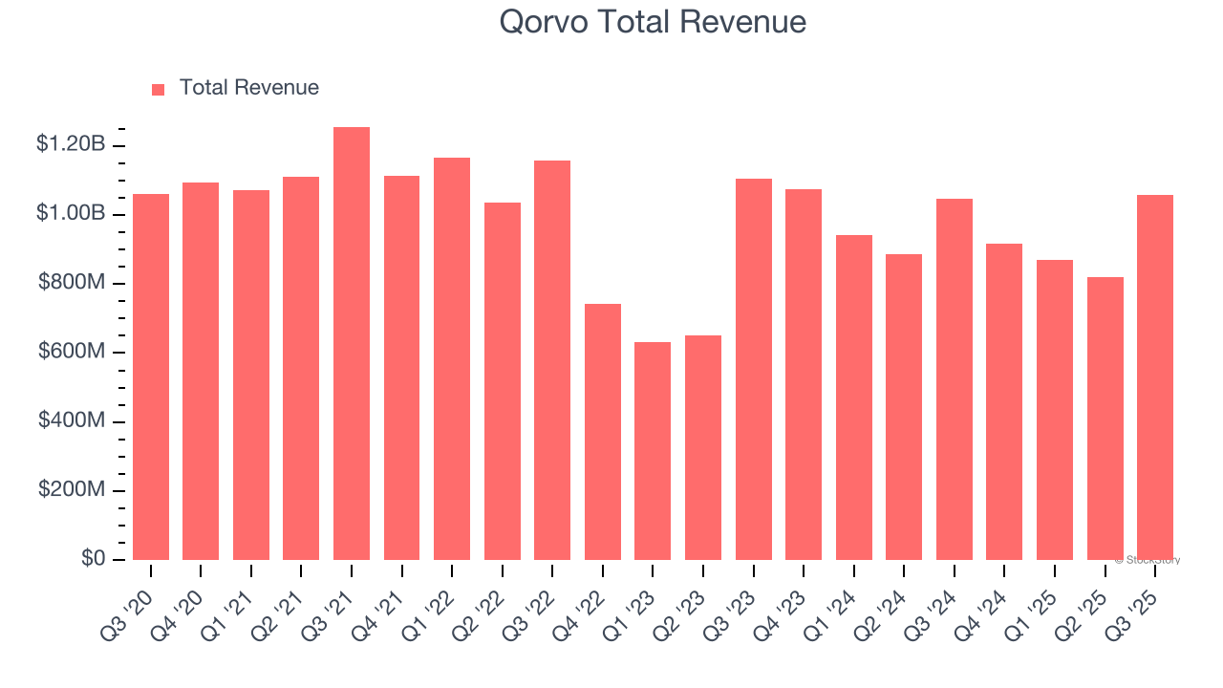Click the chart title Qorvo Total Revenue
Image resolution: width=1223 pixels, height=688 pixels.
(653, 22)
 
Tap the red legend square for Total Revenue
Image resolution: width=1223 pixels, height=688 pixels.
(159, 89)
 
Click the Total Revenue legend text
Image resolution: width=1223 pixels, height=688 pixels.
(248, 88)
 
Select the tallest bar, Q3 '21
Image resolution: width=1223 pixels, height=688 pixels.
(352, 344)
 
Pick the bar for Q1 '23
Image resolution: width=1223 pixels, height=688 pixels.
(653, 451)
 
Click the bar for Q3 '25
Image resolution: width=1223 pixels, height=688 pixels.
(1155, 377)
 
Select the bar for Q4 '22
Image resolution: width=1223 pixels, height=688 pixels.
(603, 432)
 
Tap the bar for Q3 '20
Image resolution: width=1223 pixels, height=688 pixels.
(151, 377)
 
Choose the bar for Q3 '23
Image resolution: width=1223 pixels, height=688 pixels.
(753, 370)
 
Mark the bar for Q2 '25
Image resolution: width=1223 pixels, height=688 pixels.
(1105, 419)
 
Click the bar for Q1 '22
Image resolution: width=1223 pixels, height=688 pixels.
(452, 359)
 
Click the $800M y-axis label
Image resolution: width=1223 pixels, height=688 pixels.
(72, 283)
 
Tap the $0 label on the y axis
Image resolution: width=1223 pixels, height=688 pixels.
(93, 559)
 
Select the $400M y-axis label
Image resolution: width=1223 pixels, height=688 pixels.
(72, 420)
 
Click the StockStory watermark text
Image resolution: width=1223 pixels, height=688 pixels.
(1148, 560)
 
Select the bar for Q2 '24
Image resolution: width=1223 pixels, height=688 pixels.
(904, 407)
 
